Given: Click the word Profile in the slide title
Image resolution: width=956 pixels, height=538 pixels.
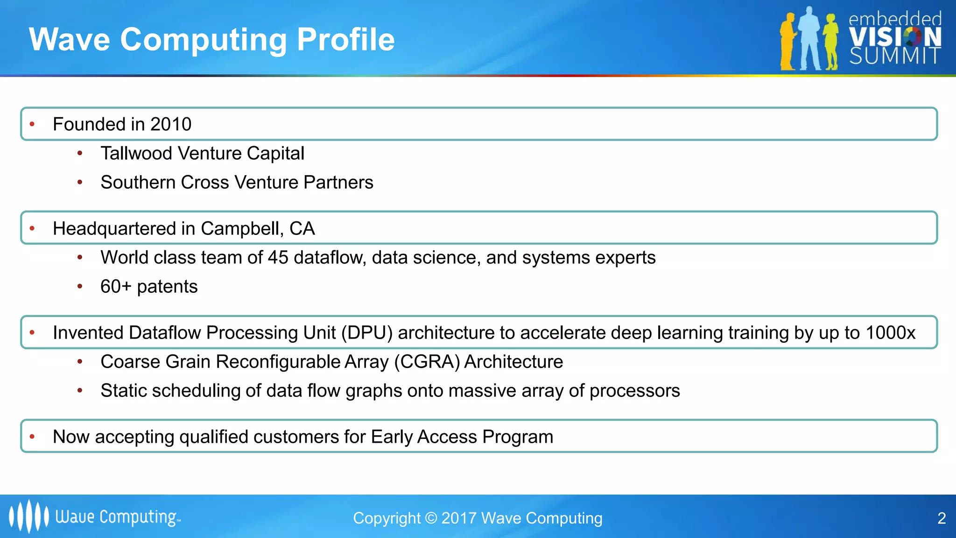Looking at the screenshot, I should [345, 39].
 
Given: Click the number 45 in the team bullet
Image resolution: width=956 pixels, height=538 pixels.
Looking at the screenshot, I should [278, 257].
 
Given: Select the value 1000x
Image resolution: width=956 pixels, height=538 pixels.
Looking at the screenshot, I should [890, 333].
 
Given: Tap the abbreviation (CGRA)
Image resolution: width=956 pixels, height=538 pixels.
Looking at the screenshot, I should [427, 361].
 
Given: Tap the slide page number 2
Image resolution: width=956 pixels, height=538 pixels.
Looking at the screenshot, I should [942, 518].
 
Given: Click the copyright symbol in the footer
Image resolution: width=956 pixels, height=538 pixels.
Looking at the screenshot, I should [431, 518].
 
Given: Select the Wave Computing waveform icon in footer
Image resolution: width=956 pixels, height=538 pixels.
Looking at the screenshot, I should [28, 516].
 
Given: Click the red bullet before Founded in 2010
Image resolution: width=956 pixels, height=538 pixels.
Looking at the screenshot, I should [32, 124].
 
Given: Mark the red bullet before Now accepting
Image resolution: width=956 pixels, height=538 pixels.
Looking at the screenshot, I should [32, 437].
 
